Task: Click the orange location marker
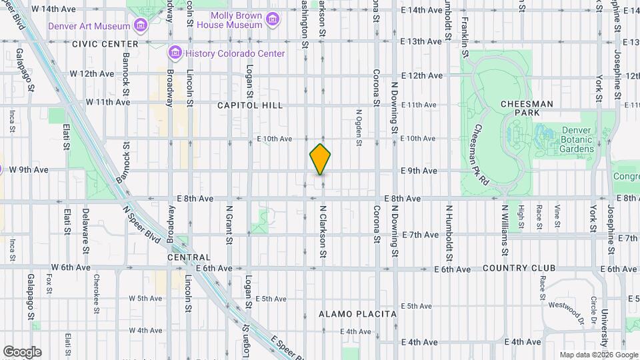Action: (x=320, y=159)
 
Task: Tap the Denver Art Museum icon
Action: (x=140, y=26)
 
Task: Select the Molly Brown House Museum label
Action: (x=235, y=20)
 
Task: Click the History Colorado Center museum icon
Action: (x=176, y=53)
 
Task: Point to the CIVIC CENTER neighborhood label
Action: (x=105, y=43)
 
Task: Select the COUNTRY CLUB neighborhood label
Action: (x=519, y=268)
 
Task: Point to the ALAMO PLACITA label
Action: (x=357, y=313)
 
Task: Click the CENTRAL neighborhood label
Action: (x=189, y=257)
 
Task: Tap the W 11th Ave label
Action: (x=108, y=103)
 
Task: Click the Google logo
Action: (x=22, y=352)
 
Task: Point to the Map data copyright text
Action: (x=597, y=354)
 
